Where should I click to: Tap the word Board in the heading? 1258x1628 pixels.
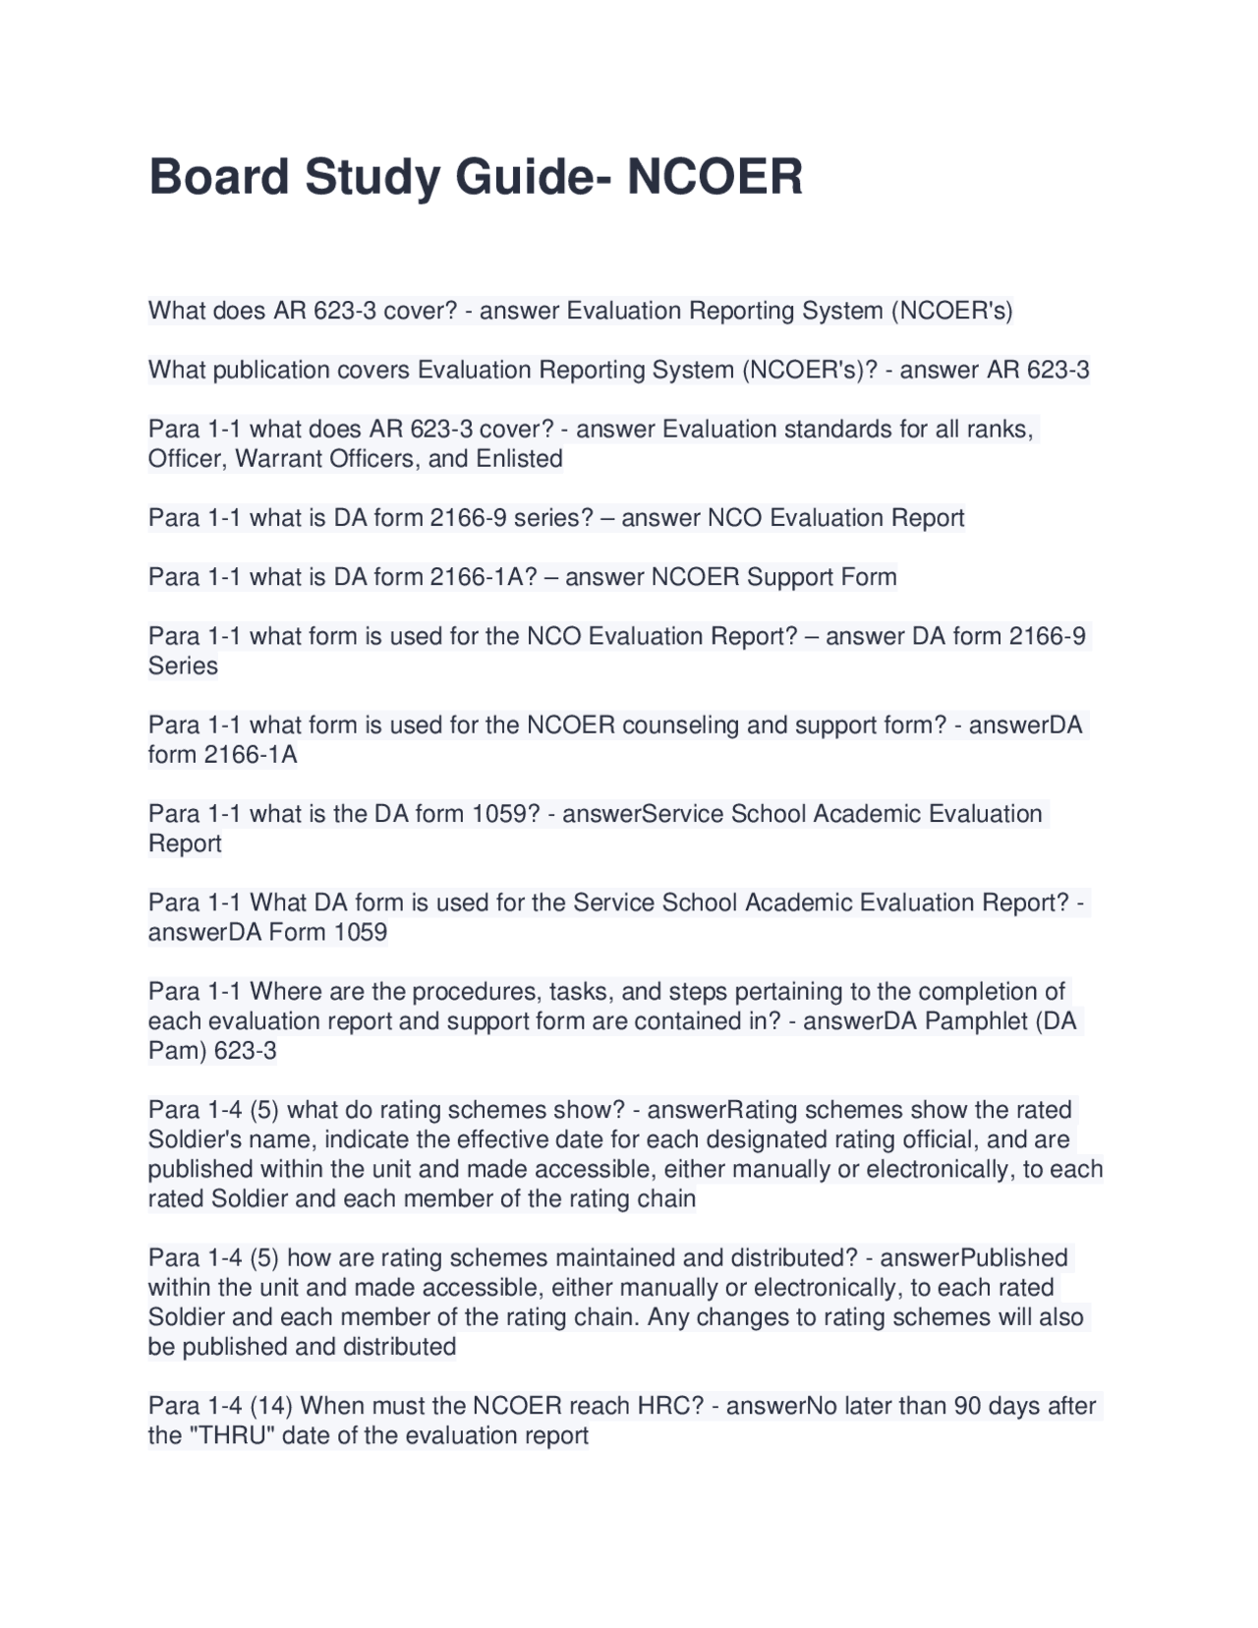(x=218, y=177)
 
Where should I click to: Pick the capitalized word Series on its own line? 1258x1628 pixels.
(x=183, y=667)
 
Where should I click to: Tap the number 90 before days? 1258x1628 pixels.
(x=967, y=1406)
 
